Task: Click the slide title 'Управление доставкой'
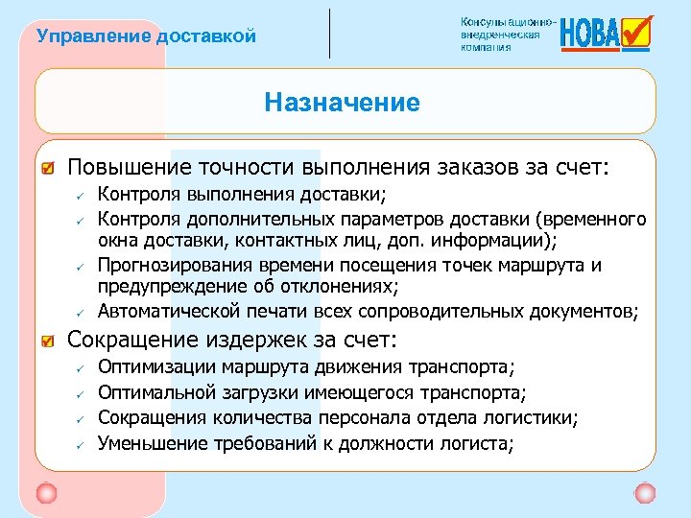146,36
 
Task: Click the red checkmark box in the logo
636,31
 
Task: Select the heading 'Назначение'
343,102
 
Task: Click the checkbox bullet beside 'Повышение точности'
47,170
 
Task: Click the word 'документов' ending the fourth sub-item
586,311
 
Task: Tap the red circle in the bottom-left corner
46,493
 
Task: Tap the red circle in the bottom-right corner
645,493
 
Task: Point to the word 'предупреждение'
165,287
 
